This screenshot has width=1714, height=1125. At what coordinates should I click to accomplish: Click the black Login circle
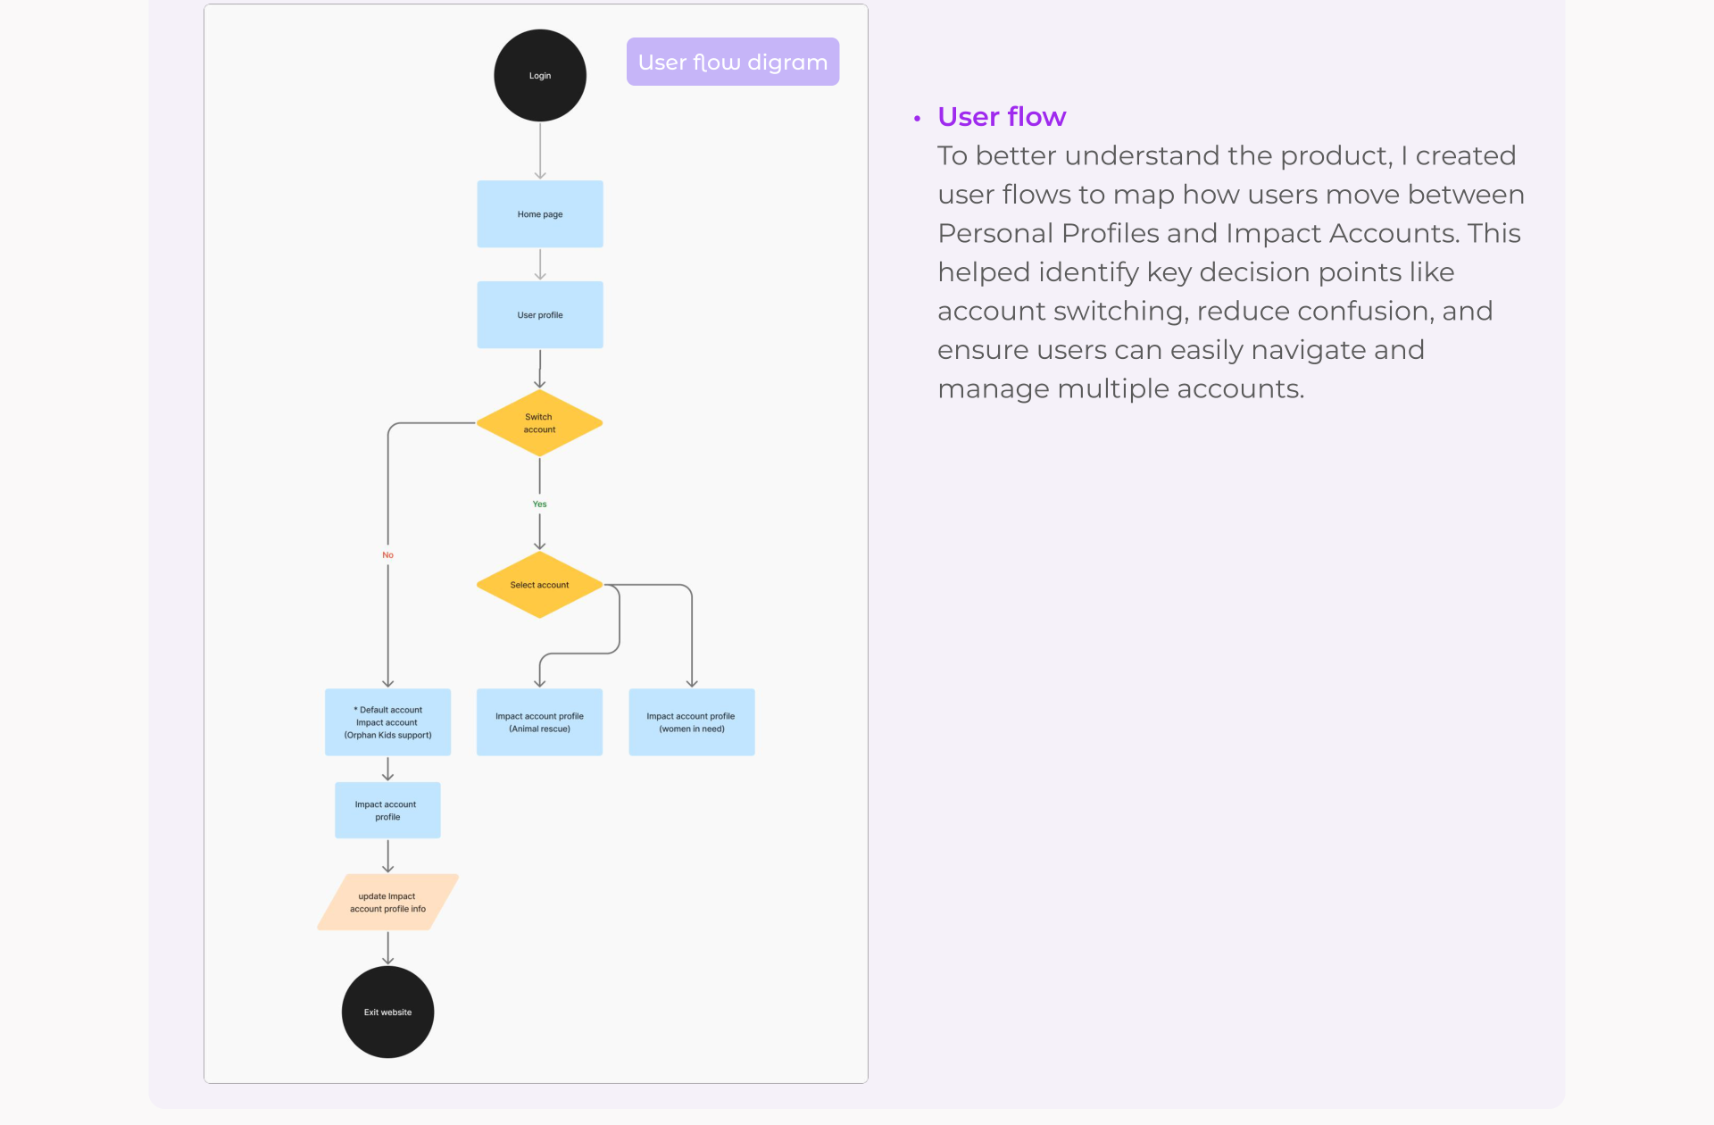540,76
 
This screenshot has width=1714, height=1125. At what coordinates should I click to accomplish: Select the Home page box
540,214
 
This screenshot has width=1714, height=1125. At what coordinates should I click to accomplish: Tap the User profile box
540,315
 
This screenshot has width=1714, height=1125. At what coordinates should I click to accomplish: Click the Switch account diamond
539,423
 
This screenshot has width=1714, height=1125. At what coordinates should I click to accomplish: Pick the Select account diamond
539,585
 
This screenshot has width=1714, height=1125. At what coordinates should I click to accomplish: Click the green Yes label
539,504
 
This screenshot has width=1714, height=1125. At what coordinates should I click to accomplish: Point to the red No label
387,555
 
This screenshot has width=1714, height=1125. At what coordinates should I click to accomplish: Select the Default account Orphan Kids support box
387,722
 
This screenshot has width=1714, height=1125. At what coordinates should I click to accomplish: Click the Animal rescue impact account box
539,722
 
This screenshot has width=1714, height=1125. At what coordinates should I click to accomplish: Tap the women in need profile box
692,722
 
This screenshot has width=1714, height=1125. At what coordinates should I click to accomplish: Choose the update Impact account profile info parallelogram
387,902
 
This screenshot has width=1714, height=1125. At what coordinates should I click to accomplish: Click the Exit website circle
387,1012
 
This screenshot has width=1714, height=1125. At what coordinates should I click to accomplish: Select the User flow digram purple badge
733,62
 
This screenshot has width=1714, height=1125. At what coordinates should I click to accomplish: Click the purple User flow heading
1002,117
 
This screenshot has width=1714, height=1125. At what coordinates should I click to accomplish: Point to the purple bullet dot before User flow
917,118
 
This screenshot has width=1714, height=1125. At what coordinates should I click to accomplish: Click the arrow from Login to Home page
540,151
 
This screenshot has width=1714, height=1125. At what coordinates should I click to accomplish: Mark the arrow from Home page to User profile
540,264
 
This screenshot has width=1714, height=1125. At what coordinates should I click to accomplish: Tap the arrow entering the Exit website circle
387,948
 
